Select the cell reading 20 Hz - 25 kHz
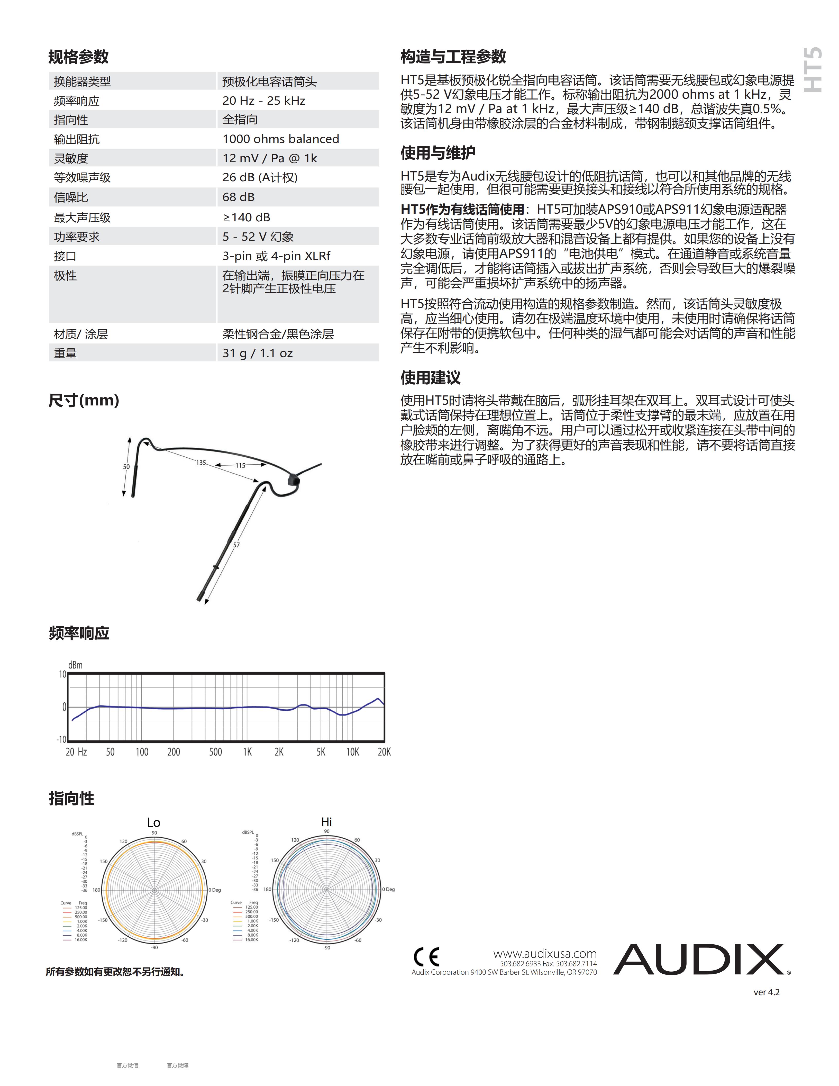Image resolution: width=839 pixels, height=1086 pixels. tap(263, 101)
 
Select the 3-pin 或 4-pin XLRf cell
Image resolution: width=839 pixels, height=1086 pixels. tap(276, 256)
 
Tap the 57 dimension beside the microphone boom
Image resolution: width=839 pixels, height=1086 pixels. tap(236, 545)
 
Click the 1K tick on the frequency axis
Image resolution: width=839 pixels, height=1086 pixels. tap(247, 752)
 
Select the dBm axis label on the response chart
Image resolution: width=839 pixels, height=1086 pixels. tap(75, 665)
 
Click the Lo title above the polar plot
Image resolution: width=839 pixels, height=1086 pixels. tap(153, 822)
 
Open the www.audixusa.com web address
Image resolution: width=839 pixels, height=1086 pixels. tap(545, 953)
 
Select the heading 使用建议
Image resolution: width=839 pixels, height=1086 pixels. tap(431, 377)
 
